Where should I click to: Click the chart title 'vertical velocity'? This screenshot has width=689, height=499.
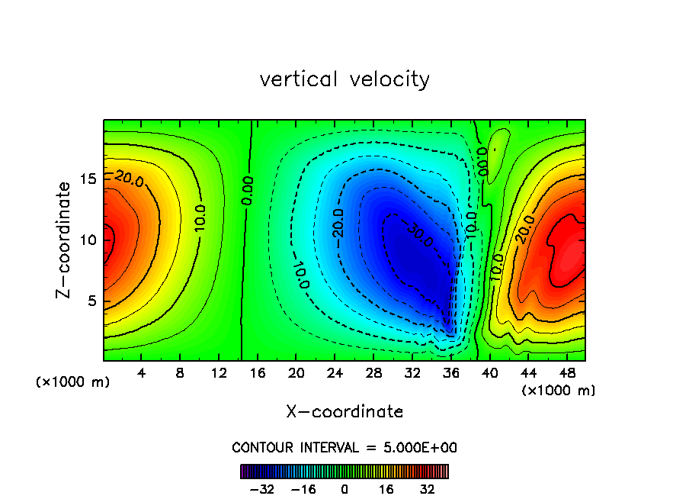click(344, 79)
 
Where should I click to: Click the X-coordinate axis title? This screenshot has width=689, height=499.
click(344, 412)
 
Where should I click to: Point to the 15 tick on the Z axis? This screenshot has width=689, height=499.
click(88, 179)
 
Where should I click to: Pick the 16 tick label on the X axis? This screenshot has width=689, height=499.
click(258, 374)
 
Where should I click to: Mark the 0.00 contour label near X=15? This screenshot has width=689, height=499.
click(248, 190)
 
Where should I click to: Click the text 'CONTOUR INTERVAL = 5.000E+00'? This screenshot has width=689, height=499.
click(344, 447)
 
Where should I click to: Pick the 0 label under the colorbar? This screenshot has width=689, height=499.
click(344, 488)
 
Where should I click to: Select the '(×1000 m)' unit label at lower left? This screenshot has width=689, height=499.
click(73, 382)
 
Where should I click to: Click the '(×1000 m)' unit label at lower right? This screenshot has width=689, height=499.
click(559, 391)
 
